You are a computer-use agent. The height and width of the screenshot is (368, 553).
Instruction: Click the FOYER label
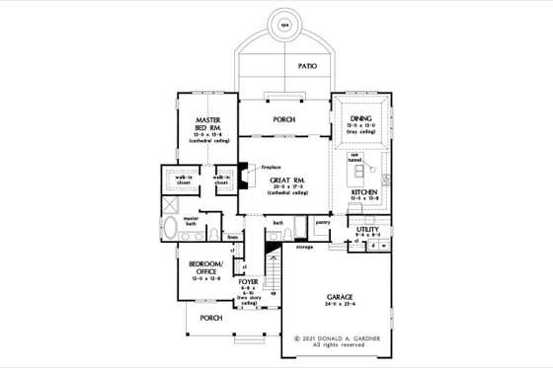tap(249, 282)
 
